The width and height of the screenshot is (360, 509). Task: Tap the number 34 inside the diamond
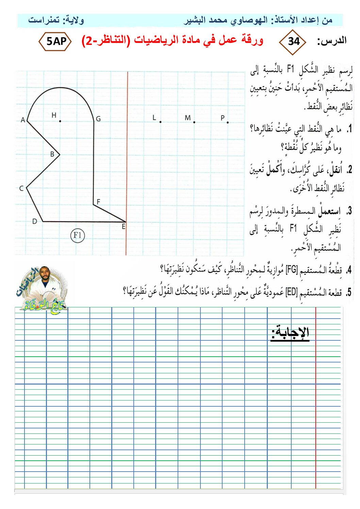[x=293, y=41]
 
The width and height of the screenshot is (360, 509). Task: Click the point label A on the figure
[x=23, y=120]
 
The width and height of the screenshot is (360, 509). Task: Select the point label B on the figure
[x=52, y=154]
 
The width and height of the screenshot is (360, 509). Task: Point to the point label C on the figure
[x=21, y=188]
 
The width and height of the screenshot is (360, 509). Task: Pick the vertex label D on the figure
[x=34, y=221]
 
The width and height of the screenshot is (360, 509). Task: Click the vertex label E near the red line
[x=124, y=226]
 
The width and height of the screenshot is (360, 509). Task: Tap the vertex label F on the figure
[x=98, y=202]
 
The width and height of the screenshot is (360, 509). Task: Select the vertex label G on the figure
[x=98, y=119]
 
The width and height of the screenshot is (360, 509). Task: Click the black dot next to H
[x=60, y=121]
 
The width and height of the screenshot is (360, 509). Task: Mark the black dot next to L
[x=160, y=122]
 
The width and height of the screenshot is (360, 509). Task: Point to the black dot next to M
[x=194, y=122]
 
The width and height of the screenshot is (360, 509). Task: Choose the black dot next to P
[x=228, y=122]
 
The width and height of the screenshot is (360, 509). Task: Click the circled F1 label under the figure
[x=77, y=235]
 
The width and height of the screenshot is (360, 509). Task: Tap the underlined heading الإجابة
[x=290, y=332]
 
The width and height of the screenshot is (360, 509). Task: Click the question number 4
[x=348, y=271]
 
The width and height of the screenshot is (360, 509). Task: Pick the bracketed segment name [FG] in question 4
[x=292, y=270]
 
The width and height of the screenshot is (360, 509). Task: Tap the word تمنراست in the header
[x=44, y=20]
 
